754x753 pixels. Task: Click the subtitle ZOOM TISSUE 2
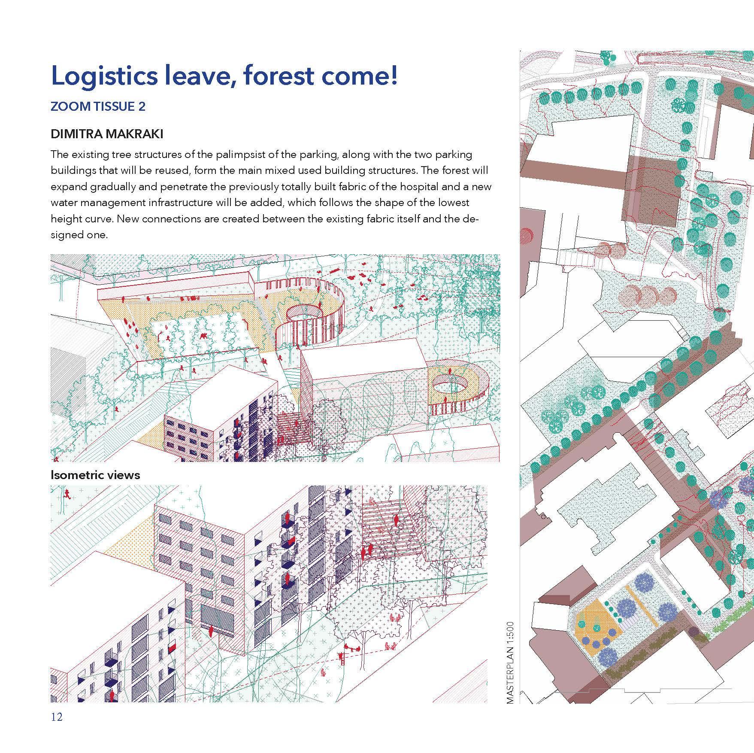click(x=98, y=106)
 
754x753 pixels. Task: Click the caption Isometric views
click(x=95, y=475)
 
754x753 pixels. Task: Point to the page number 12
click(x=57, y=717)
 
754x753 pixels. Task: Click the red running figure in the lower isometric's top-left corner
click(x=66, y=493)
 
